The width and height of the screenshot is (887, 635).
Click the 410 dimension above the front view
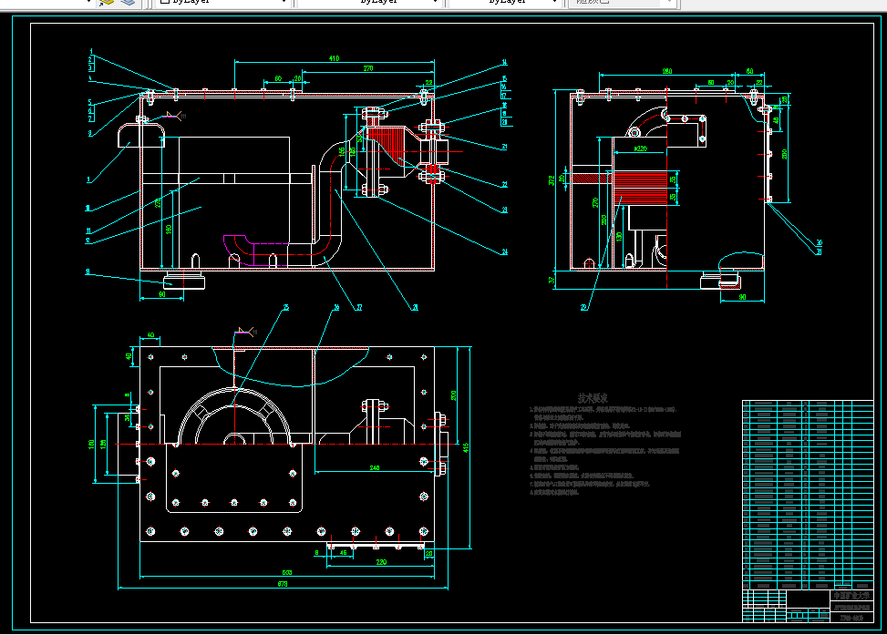pyautogui.click(x=334, y=58)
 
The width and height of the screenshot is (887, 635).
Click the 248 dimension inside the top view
pyautogui.click(x=374, y=467)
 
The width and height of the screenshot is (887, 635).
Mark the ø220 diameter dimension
pyautogui.click(x=639, y=148)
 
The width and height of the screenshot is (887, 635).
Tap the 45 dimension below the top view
pyautogui.click(x=343, y=552)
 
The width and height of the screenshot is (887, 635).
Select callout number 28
pyautogui.click(x=415, y=308)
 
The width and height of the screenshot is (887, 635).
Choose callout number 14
pyautogui.click(x=503, y=63)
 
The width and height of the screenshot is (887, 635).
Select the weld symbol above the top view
pyautogui.click(x=243, y=333)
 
